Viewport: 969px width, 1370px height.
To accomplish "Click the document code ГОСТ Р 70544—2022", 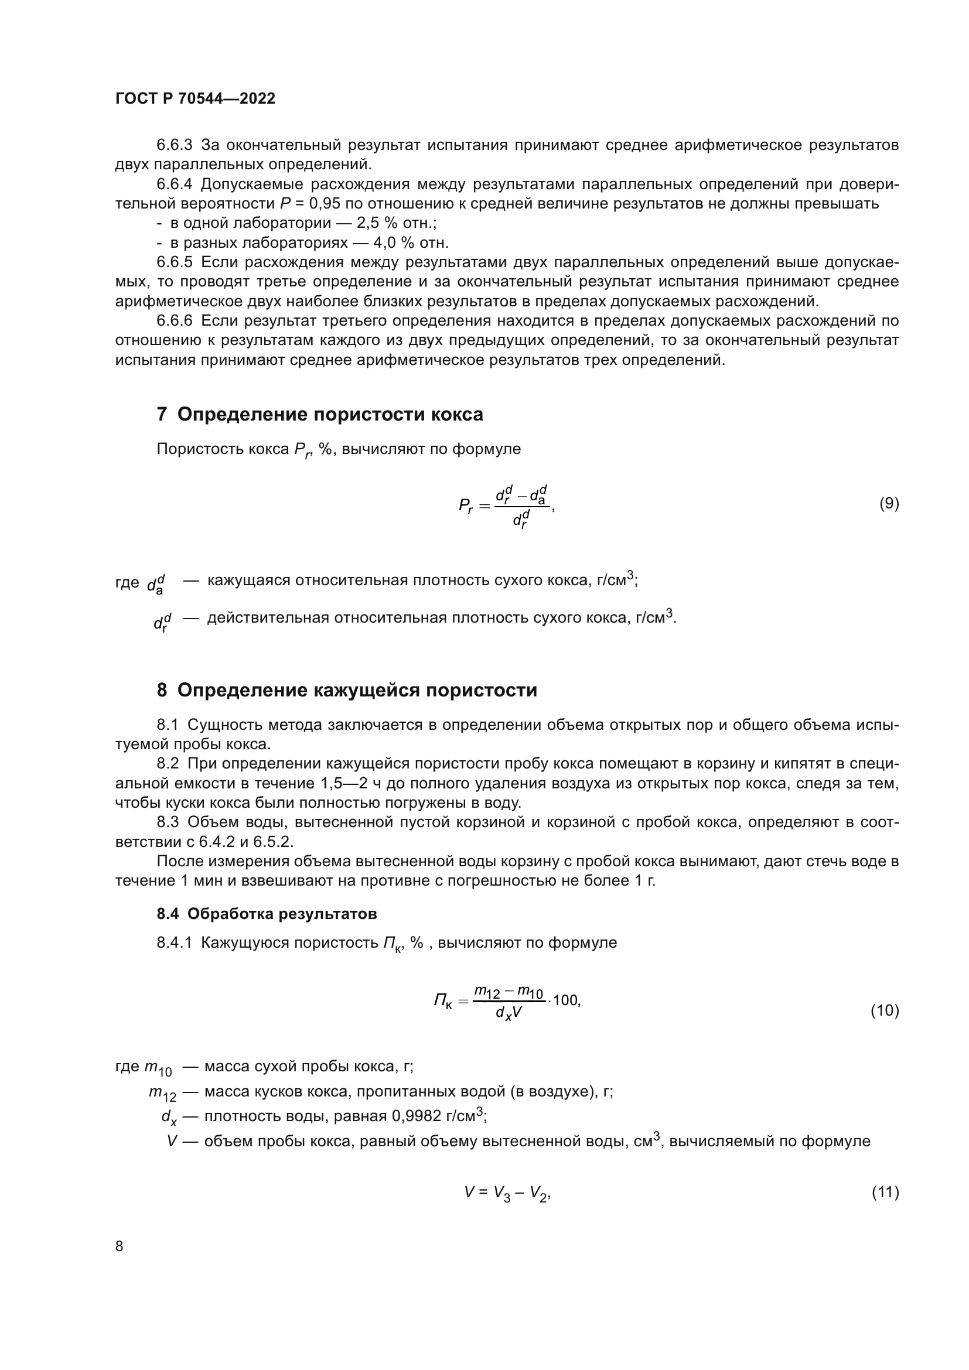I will click(x=195, y=99).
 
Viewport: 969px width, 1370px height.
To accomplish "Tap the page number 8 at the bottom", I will click(x=120, y=1246).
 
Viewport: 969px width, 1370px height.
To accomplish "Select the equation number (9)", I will click(x=889, y=504).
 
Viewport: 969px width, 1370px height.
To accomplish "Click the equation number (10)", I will click(x=885, y=1010).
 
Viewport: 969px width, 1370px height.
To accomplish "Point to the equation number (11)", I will click(x=885, y=1192).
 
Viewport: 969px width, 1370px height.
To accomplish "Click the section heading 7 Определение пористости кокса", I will click(x=320, y=414).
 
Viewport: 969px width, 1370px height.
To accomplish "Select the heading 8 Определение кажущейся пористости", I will click(x=347, y=691).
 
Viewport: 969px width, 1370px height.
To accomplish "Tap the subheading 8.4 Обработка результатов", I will click(x=267, y=914).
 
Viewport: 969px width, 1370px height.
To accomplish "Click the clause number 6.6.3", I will click(x=174, y=145).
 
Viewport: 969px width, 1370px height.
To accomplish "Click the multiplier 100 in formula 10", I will click(x=566, y=1000).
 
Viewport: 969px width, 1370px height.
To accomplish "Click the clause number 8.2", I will click(x=168, y=764).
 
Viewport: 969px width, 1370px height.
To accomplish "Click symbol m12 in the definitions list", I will click(x=162, y=1092).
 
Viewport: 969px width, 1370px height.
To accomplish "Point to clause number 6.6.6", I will click(x=174, y=321).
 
